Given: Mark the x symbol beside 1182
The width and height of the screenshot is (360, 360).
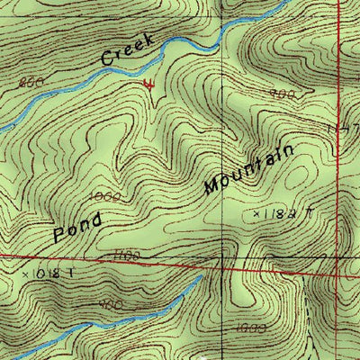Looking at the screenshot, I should point(256,215).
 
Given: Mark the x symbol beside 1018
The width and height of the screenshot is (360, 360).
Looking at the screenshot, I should point(25,270).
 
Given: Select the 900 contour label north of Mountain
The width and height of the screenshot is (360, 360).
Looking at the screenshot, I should point(283,94).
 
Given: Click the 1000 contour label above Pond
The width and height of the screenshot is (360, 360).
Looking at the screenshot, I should point(105,194).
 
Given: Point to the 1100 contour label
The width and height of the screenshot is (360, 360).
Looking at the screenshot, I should point(128,256).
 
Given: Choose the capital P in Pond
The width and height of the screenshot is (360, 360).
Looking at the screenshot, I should point(59,237).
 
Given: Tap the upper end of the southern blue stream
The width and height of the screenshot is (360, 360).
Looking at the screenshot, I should point(200,278).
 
